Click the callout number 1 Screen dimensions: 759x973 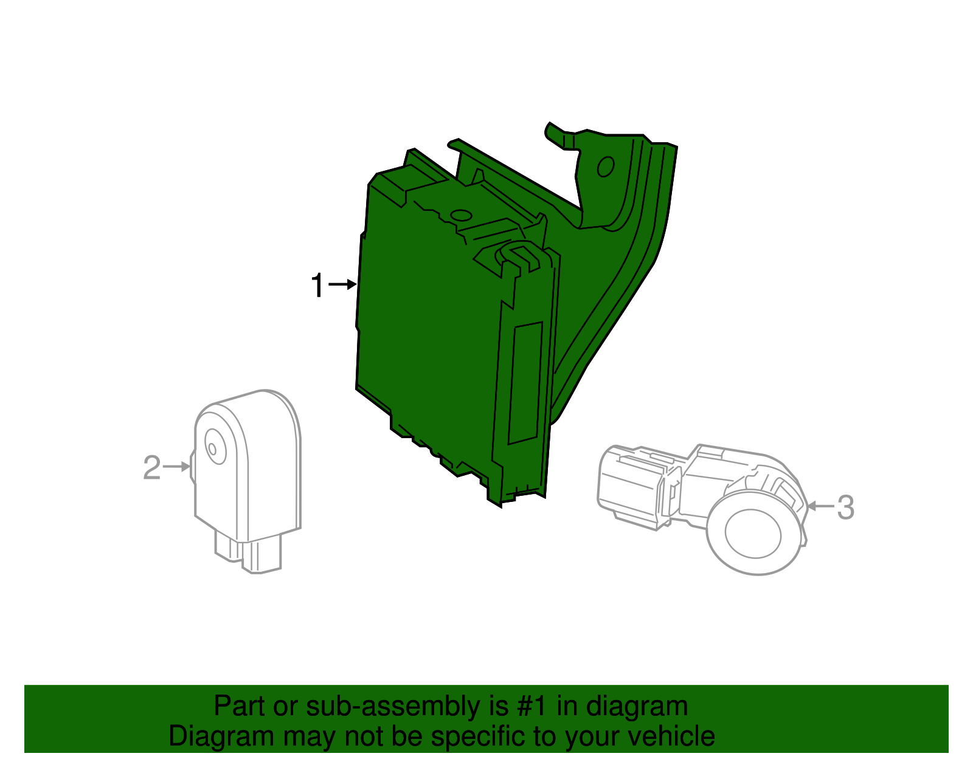click(317, 285)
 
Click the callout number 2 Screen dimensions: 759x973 click(152, 468)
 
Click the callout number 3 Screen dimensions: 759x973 click(845, 507)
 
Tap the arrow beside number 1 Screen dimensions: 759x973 click(343, 284)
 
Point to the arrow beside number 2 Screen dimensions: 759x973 click(178, 467)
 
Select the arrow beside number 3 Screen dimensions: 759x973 click(820, 506)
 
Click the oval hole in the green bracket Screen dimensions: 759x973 click(606, 166)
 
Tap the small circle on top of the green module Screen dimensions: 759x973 click(460, 215)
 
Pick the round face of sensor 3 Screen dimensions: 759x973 click(752, 533)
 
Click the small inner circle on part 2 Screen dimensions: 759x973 click(212, 449)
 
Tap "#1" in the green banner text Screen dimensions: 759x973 click(532, 706)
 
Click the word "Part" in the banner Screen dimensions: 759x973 click(240, 706)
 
